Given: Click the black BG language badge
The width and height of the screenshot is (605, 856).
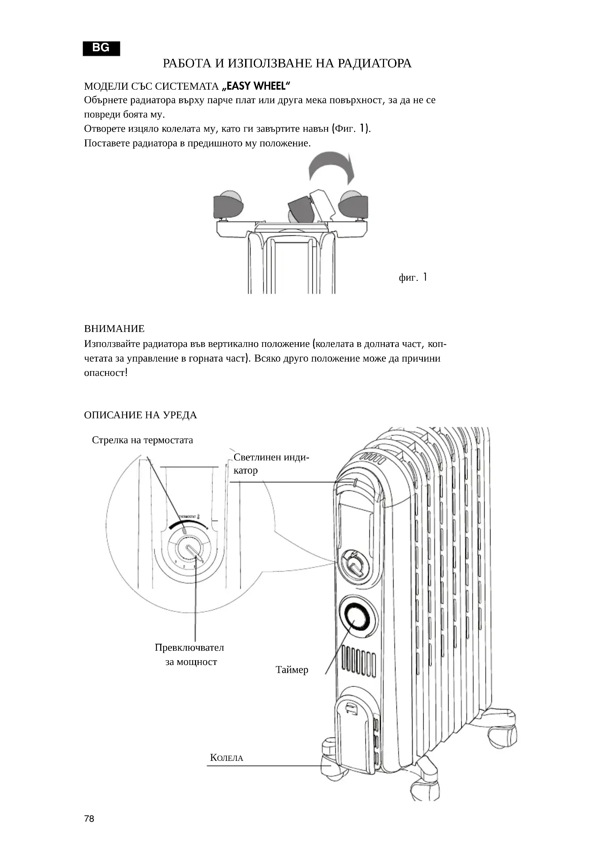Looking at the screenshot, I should tap(101, 48).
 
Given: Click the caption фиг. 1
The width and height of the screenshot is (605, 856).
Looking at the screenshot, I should tap(413, 277).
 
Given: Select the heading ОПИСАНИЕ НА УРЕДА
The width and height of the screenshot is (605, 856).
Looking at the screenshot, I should tap(140, 415).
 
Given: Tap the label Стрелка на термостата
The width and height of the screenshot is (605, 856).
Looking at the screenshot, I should tap(142, 440).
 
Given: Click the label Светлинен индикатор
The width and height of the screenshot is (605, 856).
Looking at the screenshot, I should tap(271, 463).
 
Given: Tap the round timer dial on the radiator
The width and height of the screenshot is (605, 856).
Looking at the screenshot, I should tap(356, 617).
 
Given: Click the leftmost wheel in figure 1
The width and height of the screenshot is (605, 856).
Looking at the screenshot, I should tap(228, 205).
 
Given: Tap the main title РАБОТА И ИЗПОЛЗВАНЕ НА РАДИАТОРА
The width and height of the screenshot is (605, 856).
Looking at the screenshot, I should tap(287, 63).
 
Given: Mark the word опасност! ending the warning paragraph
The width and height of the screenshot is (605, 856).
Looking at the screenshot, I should tap(106, 373).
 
